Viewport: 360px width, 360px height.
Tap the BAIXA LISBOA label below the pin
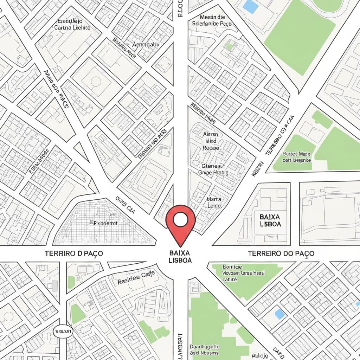[180, 257]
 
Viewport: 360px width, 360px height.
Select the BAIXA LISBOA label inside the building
[270, 219]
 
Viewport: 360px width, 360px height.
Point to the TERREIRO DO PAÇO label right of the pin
[281, 253]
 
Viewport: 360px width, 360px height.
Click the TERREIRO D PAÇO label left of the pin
[74, 253]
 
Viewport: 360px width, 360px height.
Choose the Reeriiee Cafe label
[133, 278]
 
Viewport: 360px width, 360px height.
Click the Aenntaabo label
[146, 45]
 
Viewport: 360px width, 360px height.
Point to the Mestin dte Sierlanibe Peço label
[212, 20]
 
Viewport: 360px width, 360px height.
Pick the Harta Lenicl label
[214, 202]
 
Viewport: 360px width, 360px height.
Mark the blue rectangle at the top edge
[250, 6]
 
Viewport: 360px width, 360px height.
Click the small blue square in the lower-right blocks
[279, 314]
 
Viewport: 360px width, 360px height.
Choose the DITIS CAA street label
[125, 205]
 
